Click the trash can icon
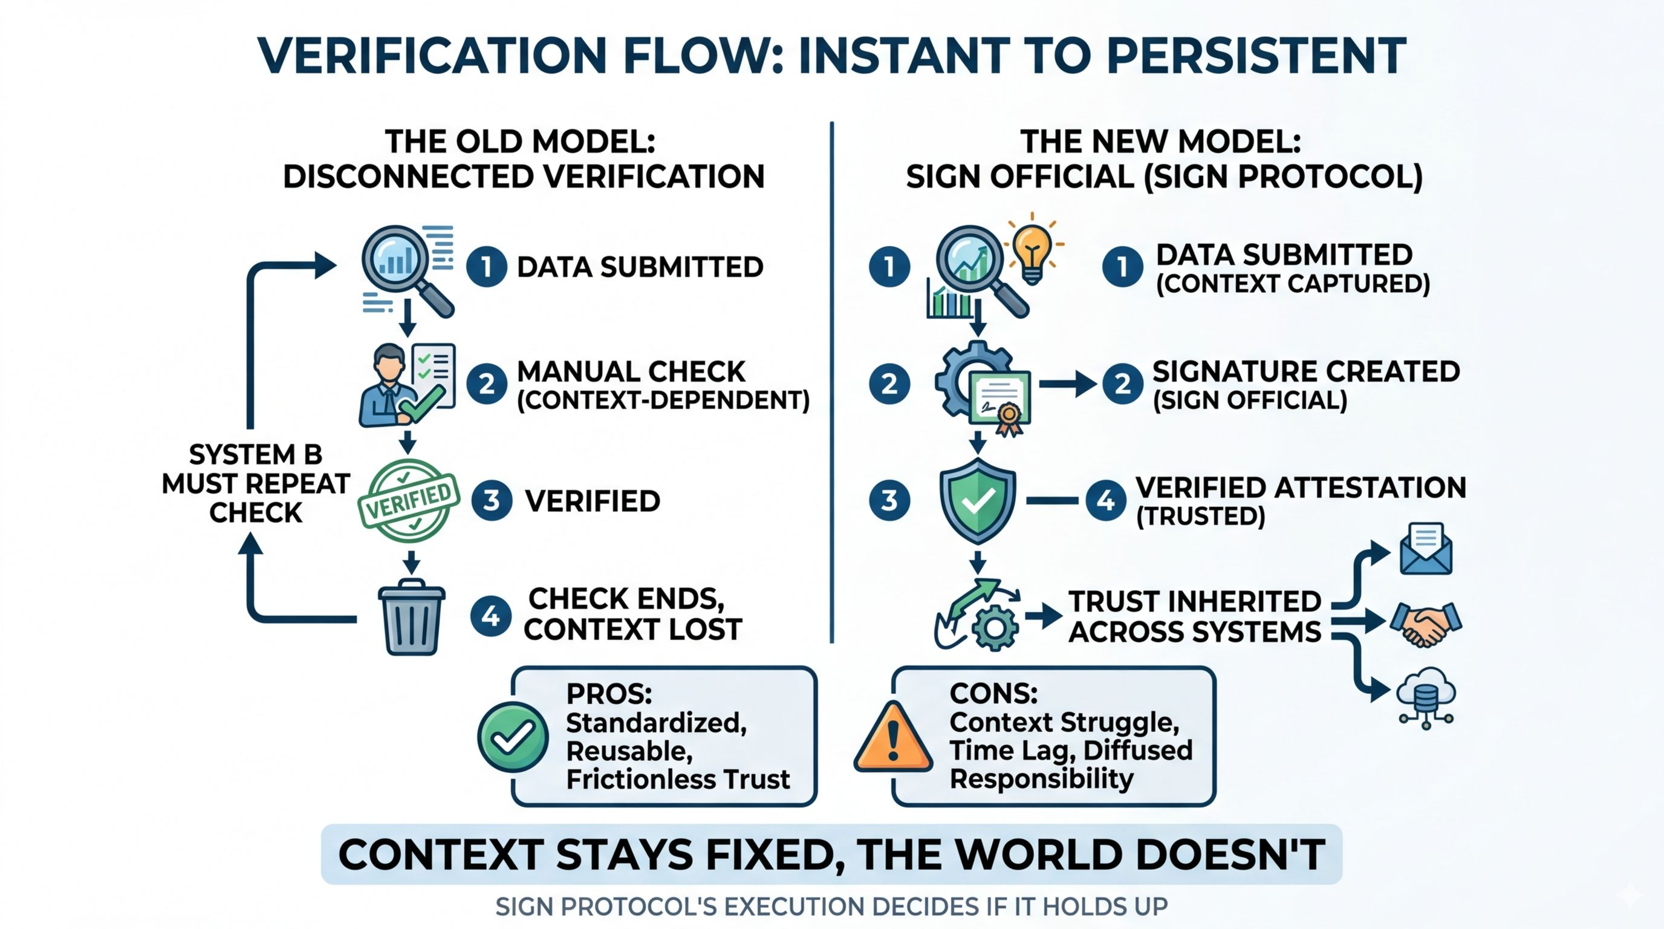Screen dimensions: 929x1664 click(412, 618)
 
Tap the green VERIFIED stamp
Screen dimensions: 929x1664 click(409, 500)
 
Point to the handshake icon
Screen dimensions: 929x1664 click(1425, 624)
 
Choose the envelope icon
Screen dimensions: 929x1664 click(1426, 550)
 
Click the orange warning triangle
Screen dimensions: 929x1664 click(893, 738)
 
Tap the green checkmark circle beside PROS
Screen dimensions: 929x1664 click(513, 737)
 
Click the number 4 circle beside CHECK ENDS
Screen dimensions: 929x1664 click(490, 616)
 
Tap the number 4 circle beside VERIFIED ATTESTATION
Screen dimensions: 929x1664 click(1106, 500)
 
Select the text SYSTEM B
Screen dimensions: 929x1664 click(256, 455)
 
